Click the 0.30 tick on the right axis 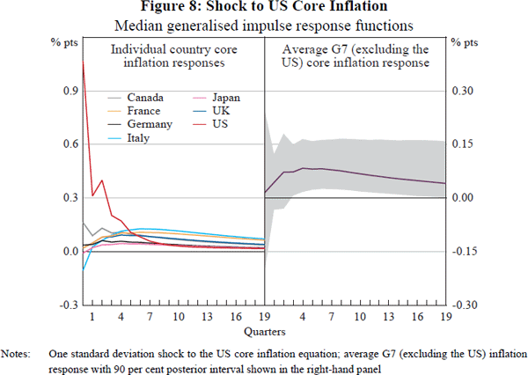(x=463, y=91)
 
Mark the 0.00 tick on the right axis (x=463, y=197)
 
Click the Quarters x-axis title (x=265, y=331)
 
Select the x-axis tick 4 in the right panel (x=303, y=317)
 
